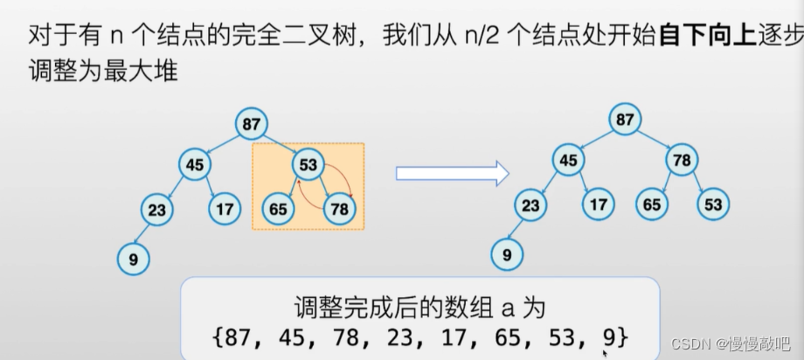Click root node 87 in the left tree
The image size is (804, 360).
252,124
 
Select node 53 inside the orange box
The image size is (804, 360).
308,163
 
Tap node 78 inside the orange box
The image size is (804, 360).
339,210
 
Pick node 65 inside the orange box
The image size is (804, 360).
278,210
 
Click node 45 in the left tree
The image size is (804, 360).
195,163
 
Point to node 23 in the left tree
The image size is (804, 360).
156,210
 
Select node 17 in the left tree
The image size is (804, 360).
224,210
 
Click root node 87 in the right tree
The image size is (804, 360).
624,120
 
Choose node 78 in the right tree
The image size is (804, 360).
681,160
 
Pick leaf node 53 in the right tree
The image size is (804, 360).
712,205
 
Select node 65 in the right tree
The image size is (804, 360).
651,205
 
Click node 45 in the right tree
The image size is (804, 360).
568,160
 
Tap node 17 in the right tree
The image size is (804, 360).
598,205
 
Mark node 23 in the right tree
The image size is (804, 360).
530,205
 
